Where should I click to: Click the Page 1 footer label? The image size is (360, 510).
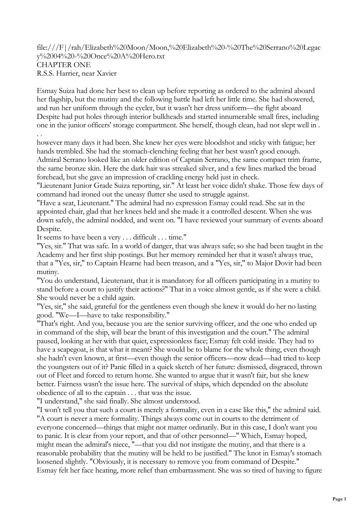tap(339, 499)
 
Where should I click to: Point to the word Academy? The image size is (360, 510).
tap(50, 255)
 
